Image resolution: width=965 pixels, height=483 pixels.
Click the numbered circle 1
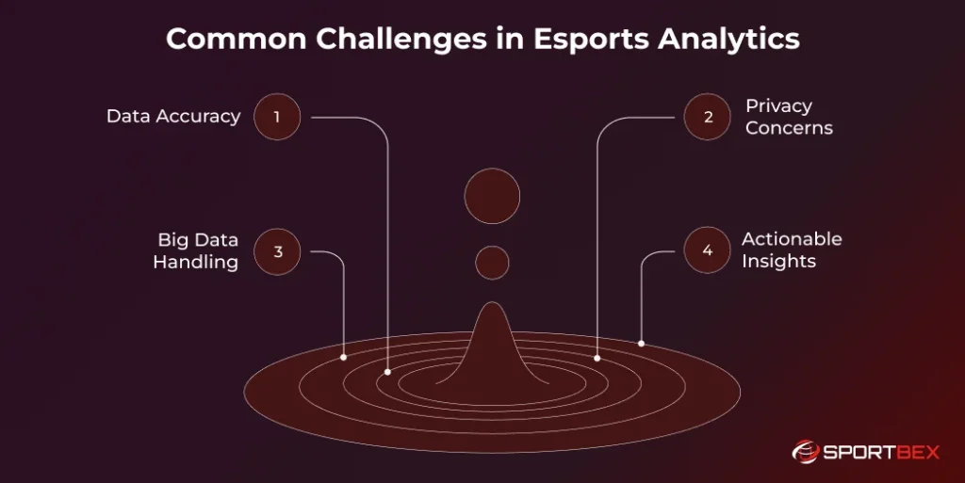(277, 118)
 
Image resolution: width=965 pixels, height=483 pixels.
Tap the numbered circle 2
(707, 118)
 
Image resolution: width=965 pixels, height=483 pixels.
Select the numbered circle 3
(277, 251)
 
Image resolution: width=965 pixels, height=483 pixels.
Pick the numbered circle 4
(707, 251)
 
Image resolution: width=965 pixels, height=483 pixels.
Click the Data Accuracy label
(173, 117)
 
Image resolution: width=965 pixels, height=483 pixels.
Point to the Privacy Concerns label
(789, 117)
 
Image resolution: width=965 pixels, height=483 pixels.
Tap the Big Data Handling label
(197, 250)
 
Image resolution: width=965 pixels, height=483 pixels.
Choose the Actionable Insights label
(792, 250)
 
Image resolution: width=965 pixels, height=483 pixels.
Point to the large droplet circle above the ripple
(492, 197)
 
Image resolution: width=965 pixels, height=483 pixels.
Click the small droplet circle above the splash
(492, 263)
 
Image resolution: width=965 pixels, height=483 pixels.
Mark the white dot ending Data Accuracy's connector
(387, 373)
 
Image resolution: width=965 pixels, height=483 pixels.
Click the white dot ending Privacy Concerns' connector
(597, 358)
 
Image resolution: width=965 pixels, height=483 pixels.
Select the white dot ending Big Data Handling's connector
(343, 358)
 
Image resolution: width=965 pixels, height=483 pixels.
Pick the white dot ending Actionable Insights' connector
(642, 344)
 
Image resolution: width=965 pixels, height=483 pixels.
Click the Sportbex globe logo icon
(805, 452)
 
